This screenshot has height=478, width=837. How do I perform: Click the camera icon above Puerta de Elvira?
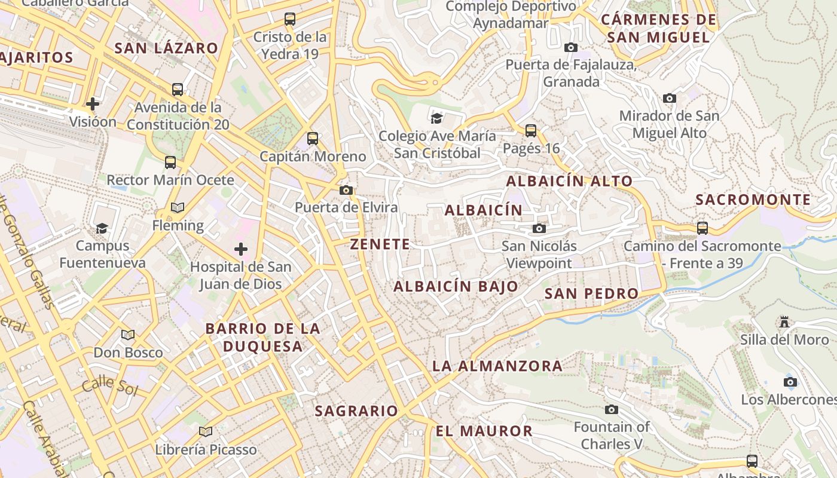tap(346, 191)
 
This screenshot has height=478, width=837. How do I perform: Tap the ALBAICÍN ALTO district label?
tap(569, 181)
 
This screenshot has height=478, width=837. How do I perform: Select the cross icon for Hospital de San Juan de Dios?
tap(241, 249)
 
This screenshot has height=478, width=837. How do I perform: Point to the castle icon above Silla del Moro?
tap(784, 322)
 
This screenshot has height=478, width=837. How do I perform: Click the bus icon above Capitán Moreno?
tap(313, 139)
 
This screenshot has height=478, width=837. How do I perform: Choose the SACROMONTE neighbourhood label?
tap(753, 200)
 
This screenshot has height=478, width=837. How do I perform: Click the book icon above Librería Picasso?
tap(206, 431)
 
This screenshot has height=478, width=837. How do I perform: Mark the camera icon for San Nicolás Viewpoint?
tap(539, 228)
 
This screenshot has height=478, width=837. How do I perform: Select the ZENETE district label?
tap(380, 244)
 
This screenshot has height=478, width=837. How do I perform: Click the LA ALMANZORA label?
tap(497, 366)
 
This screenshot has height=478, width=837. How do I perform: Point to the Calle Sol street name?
tap(110, 386)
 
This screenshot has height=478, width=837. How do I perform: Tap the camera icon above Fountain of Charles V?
tap(611, 409)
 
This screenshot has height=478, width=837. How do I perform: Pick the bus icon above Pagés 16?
tap(531, 130)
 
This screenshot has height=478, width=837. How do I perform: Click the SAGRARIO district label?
tap(356, 411)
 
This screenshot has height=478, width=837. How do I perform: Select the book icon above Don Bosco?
tap(128, 335)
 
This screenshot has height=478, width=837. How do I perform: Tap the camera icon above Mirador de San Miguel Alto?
tap(670, 98)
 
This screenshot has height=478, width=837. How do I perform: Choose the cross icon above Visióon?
tap(93, 104)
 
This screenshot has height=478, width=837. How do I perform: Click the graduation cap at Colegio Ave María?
tap(437, 118)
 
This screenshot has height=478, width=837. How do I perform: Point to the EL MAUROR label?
tap(484, 431)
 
